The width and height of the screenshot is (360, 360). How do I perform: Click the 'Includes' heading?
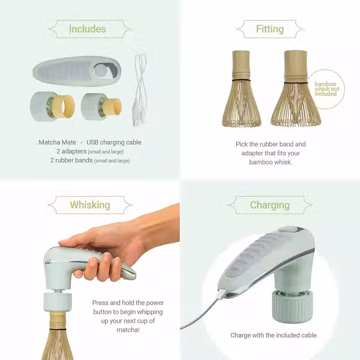pyautogui.click(x=87, y=29)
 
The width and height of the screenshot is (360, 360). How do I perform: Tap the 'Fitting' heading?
pyautogui.click(x=270, y=29)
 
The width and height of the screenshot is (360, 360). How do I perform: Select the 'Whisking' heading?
pyautogui.click(x=90, y=205)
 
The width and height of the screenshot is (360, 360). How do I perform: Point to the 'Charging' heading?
pyautogui.click(x=270, y=205)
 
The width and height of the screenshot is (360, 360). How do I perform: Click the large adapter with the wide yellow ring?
pyautogui.click(x=52, y=107)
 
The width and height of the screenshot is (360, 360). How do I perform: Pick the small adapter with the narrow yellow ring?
pyautogui.click(x=101, y=107)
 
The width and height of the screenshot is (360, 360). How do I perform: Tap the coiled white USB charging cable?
pyautogui.click(x=139, y=90)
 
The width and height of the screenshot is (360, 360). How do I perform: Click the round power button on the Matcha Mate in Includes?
pyautogui.click(x=100, y=70)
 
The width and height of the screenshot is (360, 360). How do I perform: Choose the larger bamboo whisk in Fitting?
pyautogui.click(x=296, y=89)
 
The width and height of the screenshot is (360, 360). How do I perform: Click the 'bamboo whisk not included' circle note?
pyautogui.click(x=326, y=89)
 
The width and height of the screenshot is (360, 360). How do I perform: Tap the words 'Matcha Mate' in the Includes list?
pyautogui.click(x=57, y=142)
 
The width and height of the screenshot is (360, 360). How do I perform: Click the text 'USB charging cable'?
pyautogui.click(x=114, y=142)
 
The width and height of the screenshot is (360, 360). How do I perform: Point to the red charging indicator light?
pyautogui.click(x=228, y=279)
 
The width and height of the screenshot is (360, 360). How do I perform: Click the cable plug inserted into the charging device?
pyautogui.click(x=222, y=293)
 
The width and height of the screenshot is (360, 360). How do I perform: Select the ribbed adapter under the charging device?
pyautogui.click(x=292, y=306)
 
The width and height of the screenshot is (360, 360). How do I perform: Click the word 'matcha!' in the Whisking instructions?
pyautogui.click(x=128, y=330)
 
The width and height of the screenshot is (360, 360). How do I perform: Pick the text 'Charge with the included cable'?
pyautogui.click(x=274, y=335)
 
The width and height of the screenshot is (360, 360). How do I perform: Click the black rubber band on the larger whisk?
pyautogui.click(x=296, y=83)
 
